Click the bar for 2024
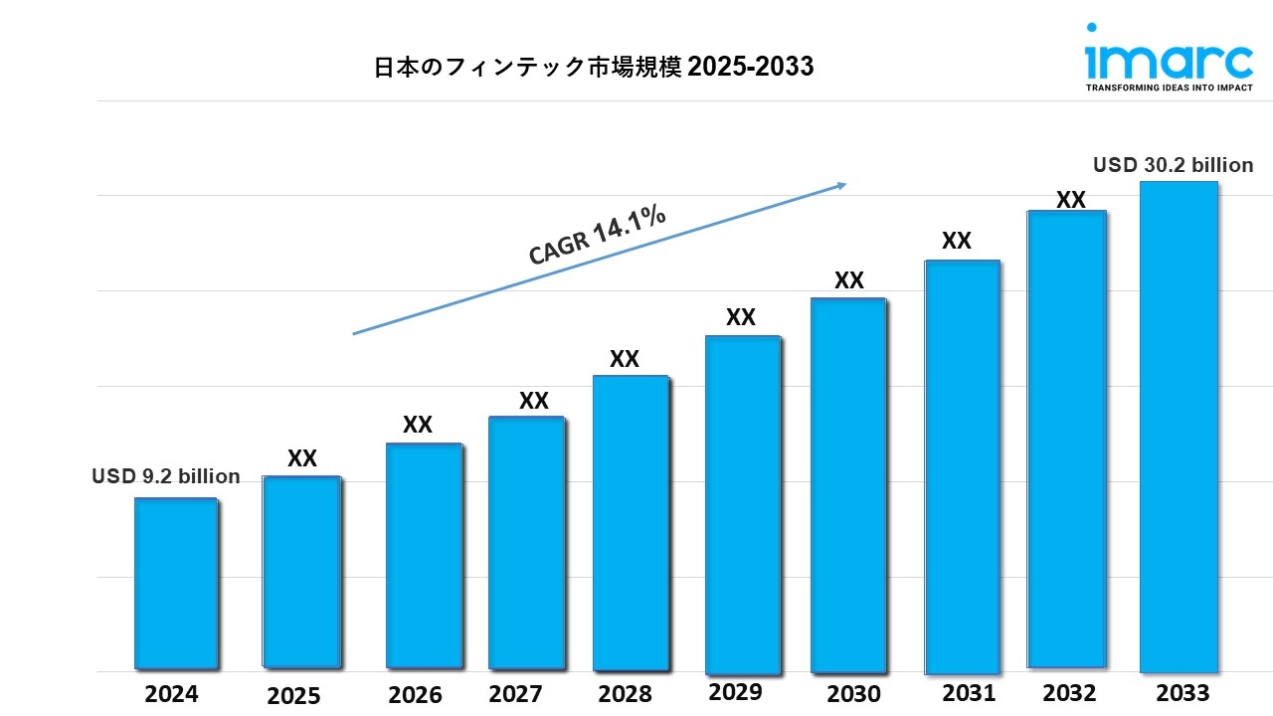click(176, 583)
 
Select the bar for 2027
click(527, 542)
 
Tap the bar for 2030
click(847, 485)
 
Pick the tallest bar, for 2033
click(1179, 427)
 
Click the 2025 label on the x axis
click(293, 696)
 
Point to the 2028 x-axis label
click(626, 693)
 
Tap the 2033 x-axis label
click(1182, 692)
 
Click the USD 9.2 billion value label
click(166, 476)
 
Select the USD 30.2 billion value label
click(1173, 165)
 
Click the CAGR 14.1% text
click(597, 236)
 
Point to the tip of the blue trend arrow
click(845, 184)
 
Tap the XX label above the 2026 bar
click(418, 425)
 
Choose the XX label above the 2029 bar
click(741, 317)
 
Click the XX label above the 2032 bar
click(1070, 200)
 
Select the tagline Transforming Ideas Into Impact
click(1169, 88)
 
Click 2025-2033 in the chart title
click(751, 67)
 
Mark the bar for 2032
click(1067, 439)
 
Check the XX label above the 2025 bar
click(302, 458)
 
